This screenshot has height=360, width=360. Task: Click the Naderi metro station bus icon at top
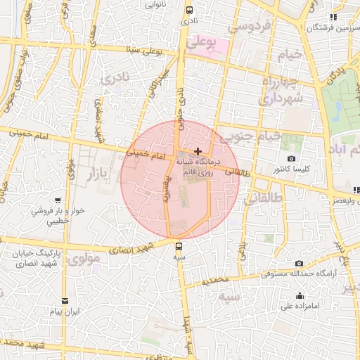pyautogui.click(x=189, y=11)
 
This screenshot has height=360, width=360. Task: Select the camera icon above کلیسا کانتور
pyautogui.click(x=292, y=159)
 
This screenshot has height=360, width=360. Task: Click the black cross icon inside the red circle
pyautogui.click(x=198, y=151)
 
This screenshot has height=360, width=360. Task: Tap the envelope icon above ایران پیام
pyautogui.click(x=66, y=300)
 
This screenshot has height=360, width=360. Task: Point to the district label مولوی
pyautogui.click(x=87, y=258)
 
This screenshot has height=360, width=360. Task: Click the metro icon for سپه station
pyautogui.click(x=179, y=246)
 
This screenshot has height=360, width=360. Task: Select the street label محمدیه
pyautogui.click(x=217, y=280)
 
